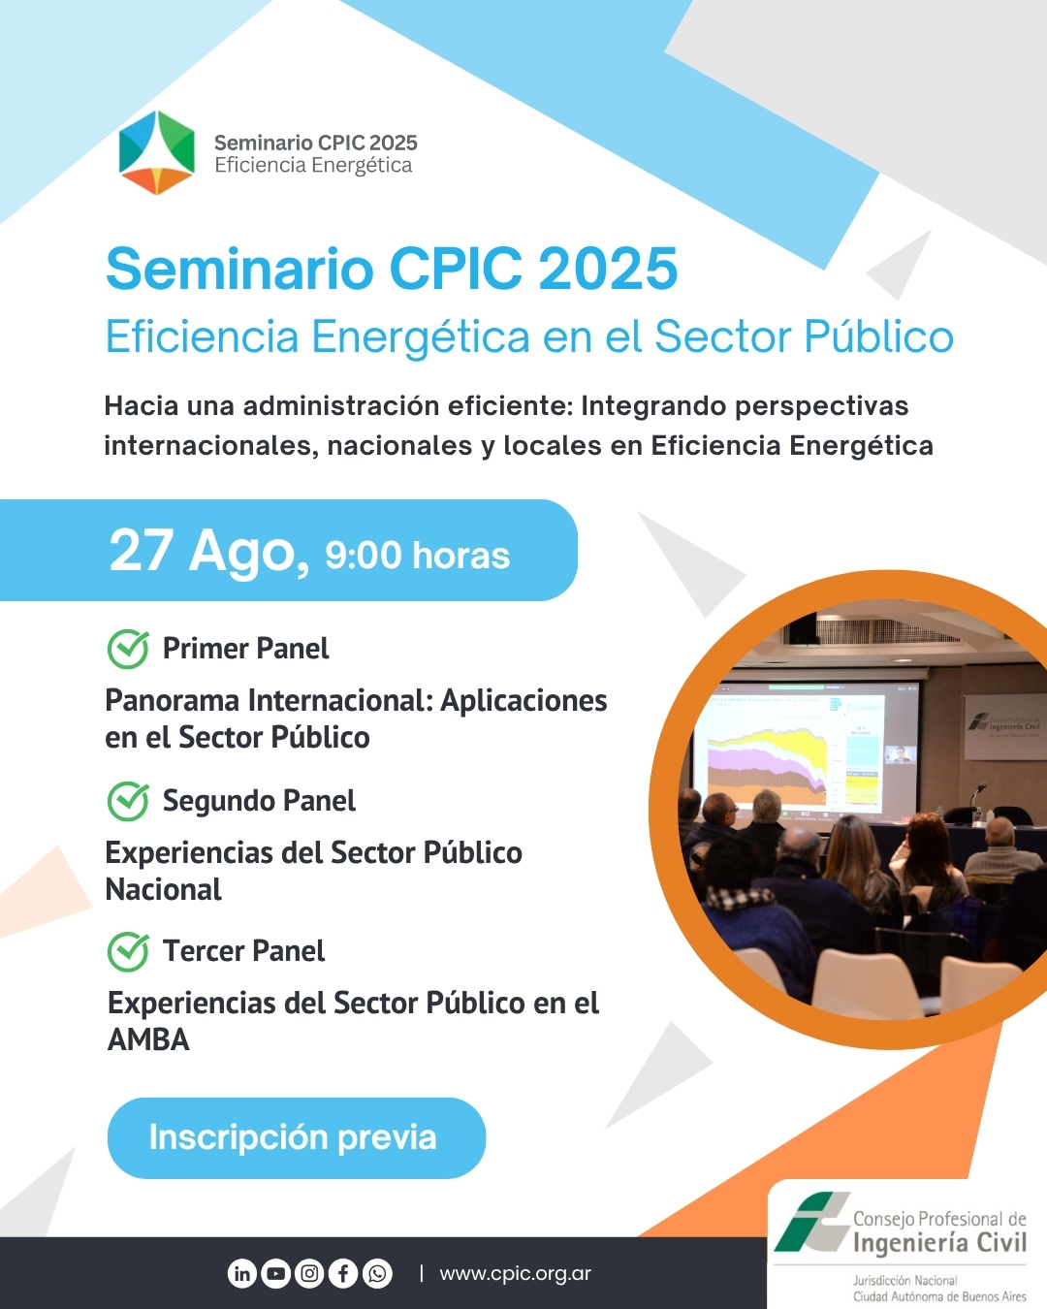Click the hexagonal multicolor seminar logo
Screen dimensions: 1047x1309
[x=156, y=152]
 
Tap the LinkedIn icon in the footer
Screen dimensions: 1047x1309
[x=242, y=1273]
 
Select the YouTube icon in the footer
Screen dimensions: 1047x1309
[x=275, y=1273]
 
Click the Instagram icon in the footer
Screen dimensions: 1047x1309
[x=309, y=1273]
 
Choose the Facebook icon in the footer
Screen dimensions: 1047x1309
[x=343, y=1273]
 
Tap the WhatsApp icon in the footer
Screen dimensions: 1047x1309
[x=377, y=1273]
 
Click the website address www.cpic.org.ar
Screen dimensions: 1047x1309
[x=516, y=1273]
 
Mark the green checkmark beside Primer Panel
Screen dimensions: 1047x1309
[x=128, y=649]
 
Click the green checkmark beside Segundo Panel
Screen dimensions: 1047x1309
[x=128, y=801]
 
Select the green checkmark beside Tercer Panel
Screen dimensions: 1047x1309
[x=128, y=951]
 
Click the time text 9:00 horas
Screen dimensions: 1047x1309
[x=417, y=556]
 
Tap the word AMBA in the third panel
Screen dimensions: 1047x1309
[x=148, y=1039]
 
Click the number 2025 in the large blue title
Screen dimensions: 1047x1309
[x=608, y=269]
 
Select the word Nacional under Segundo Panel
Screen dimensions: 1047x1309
[x=163, y=889]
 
